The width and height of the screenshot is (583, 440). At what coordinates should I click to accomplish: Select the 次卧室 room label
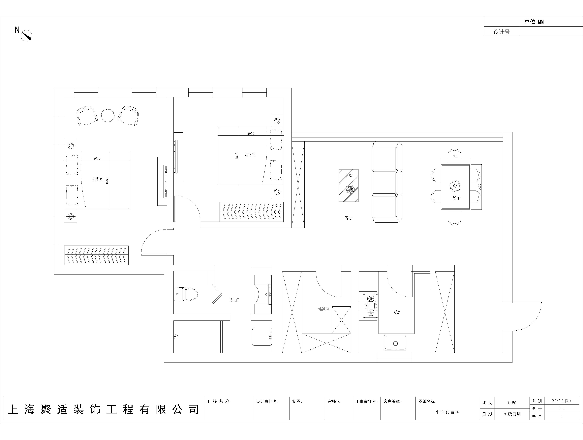tap(250, 154)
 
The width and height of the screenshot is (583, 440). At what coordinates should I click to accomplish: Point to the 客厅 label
tap(348, 218)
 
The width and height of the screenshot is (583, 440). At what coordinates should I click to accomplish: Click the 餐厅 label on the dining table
tap(456, 198)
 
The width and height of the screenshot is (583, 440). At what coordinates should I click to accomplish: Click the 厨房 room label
tap(397, 312)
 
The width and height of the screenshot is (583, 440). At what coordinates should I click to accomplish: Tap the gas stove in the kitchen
tap(370, 306)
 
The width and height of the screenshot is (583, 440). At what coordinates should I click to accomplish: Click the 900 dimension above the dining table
tap(455, 156)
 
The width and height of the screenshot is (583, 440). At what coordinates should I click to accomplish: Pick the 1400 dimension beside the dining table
tap(479, 187)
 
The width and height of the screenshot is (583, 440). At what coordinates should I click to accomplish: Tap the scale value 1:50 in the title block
tap(512, 403)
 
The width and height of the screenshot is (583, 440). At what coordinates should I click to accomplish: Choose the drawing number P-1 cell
tap(561, 408)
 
